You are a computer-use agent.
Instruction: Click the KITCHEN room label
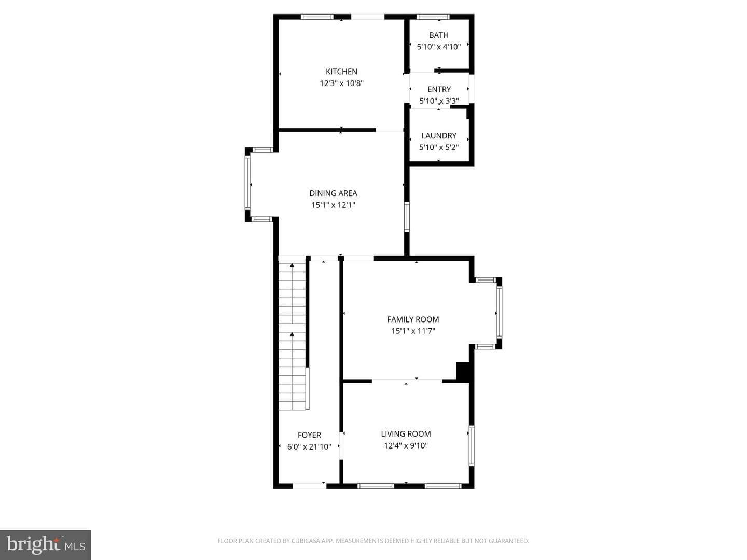tap(341, 72)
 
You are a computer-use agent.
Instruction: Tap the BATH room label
tap(439, 35)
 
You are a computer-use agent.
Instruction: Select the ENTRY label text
tap(439, 89)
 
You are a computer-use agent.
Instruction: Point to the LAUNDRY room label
tap(439, 136)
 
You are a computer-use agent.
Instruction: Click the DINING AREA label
tap(333, 193)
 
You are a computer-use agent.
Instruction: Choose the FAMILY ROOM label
tap(413, 319)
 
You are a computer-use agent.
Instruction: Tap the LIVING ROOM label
tap(406, 433)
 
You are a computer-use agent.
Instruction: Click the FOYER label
tap(309, 435)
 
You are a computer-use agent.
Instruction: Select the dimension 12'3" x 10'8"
tap(341, 83)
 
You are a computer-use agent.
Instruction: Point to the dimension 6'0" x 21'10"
tap(309, 447)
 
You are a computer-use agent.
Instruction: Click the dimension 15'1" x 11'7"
tap(413, 331)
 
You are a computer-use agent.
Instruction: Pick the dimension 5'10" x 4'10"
tap(439, 47)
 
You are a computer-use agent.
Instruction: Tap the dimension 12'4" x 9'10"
tap(406, 445)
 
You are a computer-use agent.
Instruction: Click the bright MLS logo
tap(45, 545)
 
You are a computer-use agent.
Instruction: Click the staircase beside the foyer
tap(293, 336)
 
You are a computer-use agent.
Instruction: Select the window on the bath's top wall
tap(433, 17)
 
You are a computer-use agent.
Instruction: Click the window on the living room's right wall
tap(472, 445)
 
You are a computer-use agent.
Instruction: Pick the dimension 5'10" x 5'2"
tap(439, 147)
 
